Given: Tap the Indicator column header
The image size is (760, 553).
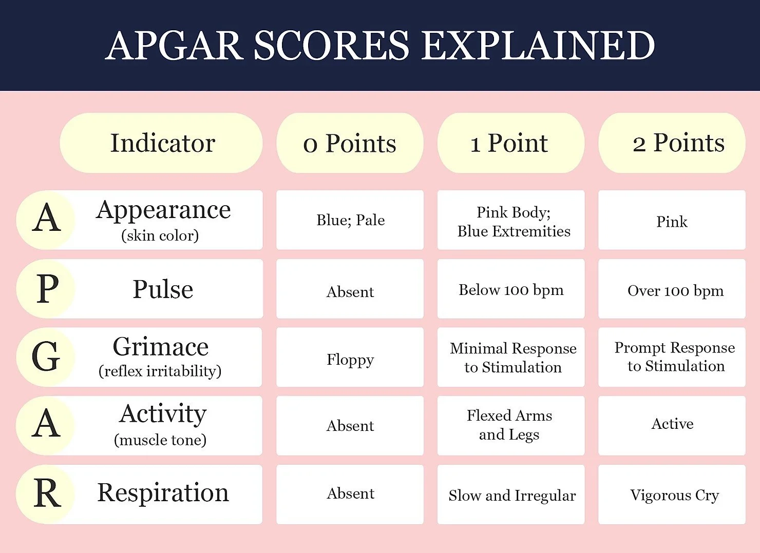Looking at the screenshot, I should tap(162, 143).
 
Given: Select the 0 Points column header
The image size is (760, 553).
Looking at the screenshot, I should tap(350, 143).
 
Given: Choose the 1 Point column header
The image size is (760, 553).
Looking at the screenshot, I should tap(510, 143).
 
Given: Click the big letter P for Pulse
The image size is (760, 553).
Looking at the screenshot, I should tap(47, 288).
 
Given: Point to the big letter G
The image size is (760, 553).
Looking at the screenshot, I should tap(46, 357).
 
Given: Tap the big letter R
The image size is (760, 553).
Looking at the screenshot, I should tap(47, 493).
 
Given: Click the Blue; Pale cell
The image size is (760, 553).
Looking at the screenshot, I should tap(350, 220).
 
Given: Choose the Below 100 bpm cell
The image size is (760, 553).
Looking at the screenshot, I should tap(511, 290).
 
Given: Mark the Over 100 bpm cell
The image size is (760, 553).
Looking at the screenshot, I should tap(675, 291).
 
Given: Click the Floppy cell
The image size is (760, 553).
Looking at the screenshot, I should tap(350, 359).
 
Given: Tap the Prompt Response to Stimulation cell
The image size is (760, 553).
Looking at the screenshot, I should tap(674, 357).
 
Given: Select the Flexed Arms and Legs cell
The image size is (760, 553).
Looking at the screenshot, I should tap(509, 425).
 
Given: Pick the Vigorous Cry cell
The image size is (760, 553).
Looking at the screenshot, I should tap(674, 495).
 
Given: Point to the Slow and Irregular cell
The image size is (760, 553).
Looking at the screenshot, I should tap(511, 495).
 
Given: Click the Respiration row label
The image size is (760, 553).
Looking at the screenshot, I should tap(163, 493).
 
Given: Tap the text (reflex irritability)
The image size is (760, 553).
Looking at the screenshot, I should tap(160, 371).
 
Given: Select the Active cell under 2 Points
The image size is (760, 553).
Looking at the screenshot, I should tap(672, 424).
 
